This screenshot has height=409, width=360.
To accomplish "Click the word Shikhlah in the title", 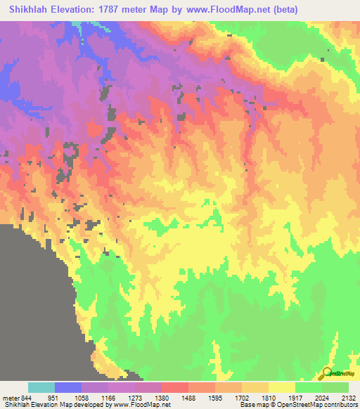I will [x=32, y=10].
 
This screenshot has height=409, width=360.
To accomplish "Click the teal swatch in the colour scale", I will [x=41, y=387].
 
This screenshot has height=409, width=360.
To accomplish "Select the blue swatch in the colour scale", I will [x=68, y=387].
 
